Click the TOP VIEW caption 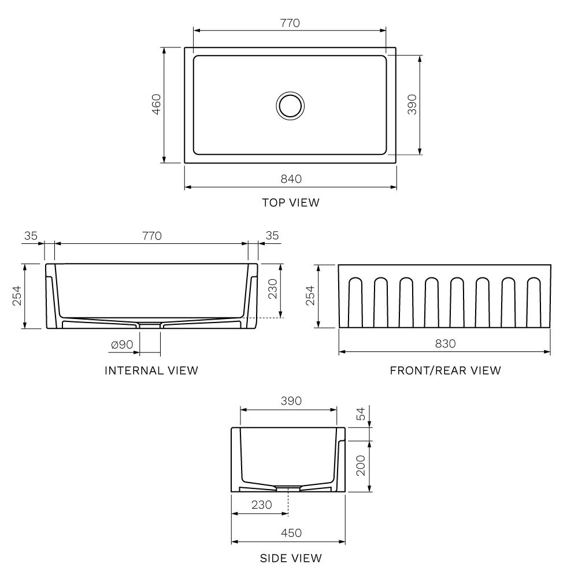pos(290,202)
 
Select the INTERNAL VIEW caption pos(151,370)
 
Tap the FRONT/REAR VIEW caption pos(445,370)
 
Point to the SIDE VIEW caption pos(291,558)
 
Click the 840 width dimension pos(291,179)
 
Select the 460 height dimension pos(156,105)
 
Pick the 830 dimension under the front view pos(445,343)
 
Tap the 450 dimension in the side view pos(291,533)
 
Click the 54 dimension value pos(361,414)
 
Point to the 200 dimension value pos(361,465)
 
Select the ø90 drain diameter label pos(122,344)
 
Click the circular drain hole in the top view pos(289,105)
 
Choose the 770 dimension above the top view pos(290,23)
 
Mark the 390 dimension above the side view pos(291,401)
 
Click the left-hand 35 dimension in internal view pos(31,235)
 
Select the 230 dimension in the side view pos(261,505)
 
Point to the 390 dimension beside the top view pos(412,105)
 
